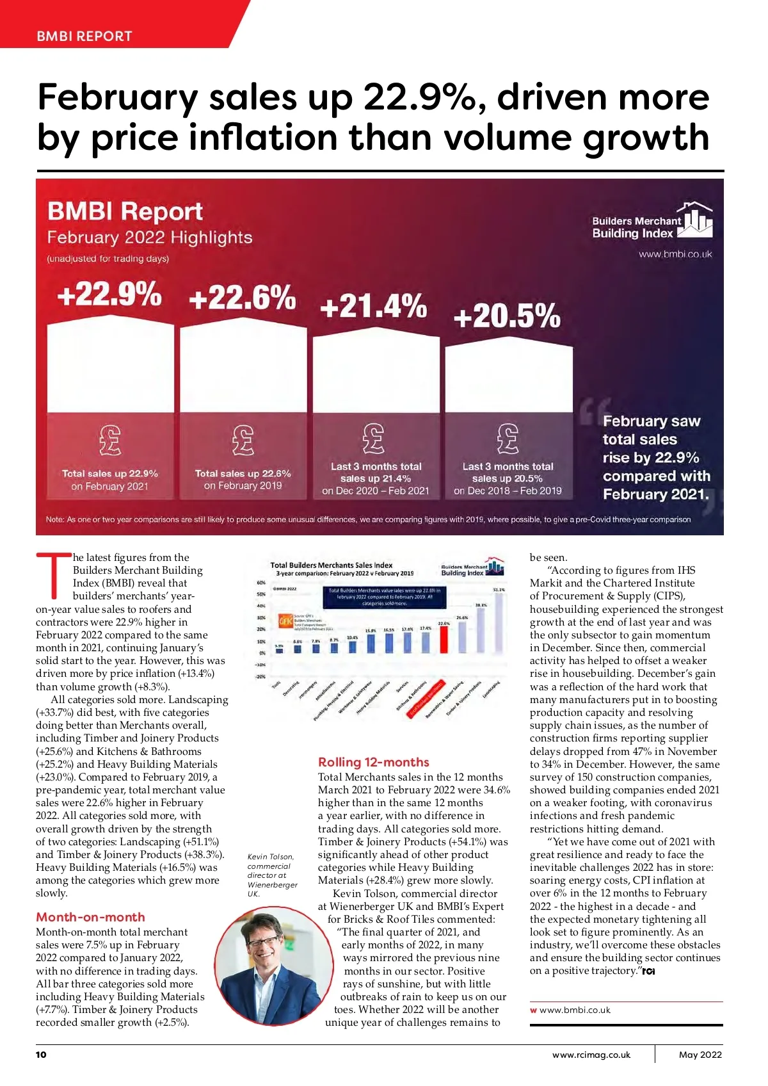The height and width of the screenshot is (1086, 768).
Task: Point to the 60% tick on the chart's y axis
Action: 260,583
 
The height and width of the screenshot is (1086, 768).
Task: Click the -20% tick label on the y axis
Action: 260,677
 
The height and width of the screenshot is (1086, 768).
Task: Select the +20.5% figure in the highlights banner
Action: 507,316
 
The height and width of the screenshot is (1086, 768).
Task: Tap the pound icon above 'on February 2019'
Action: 243,439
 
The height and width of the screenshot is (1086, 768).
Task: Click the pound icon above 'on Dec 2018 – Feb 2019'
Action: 508,439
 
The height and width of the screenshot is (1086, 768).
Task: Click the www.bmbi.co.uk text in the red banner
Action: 675,254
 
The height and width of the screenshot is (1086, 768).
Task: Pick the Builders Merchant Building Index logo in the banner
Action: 652,222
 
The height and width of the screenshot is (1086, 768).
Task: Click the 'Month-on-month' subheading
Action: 90,917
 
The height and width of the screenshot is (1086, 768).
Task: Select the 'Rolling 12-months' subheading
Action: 373,762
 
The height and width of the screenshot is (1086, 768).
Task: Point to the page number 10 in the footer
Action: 41,1055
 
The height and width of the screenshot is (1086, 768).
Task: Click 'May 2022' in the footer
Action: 700,1055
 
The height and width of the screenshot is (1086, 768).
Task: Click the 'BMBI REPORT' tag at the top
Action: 84,36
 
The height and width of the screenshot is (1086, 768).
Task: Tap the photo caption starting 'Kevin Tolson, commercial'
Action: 272,875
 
